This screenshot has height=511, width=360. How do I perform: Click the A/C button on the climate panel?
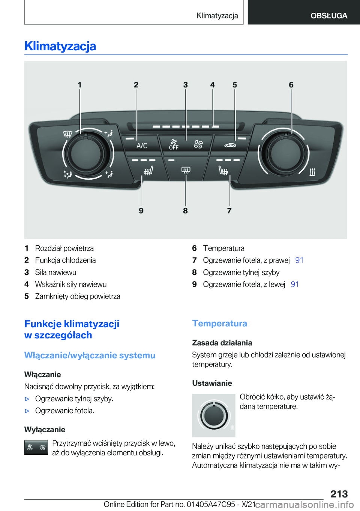tap(142, 146)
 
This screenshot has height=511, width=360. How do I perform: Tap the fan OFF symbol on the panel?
tap(174, 145)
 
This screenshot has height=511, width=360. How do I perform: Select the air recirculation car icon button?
tap(230, 145)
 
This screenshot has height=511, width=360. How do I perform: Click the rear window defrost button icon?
tap(186, 170)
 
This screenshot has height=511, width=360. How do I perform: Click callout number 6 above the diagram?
tap(291, 85)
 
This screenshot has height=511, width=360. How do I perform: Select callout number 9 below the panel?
tap(141, 210)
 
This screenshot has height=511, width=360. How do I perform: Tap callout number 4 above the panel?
tap(212, 85)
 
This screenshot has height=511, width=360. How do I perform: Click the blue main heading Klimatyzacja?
tap(60, 46)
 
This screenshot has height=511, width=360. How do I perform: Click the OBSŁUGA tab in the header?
tap(328, 16)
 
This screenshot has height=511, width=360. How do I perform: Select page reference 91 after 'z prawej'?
tap(299, 260)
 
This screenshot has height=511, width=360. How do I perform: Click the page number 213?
tap(339, 494)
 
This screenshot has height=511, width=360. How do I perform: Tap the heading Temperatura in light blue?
tap(219, 323)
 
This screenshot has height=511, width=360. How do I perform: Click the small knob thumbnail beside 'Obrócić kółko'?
tap(214, 415)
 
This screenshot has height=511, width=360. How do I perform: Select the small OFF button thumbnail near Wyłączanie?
tap(36, 448)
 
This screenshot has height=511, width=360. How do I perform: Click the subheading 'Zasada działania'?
tap(222, 343)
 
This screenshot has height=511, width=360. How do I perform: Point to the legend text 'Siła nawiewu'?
tap(55, 272)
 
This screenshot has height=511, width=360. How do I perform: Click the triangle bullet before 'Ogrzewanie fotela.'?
tap(27, 411)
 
